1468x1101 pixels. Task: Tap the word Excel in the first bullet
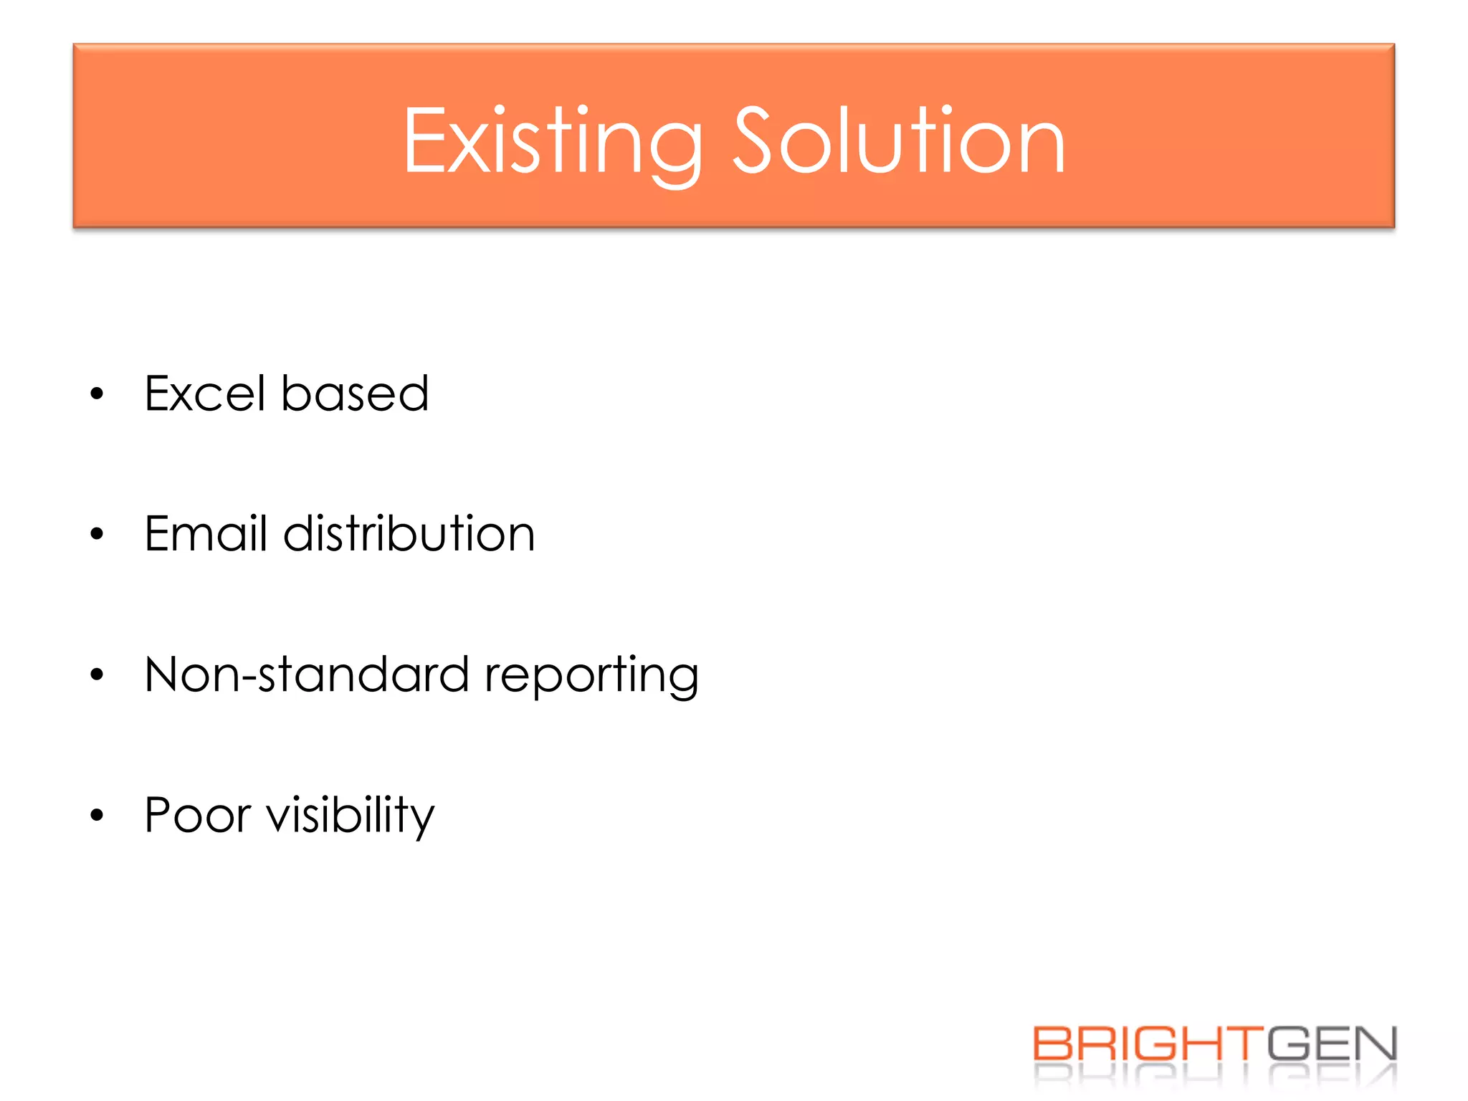[204, 394]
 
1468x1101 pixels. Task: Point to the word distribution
[409, 533]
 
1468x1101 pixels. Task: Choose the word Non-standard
[306, 675]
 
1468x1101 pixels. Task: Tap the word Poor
[198, 815]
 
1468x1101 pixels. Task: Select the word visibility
[351, 816]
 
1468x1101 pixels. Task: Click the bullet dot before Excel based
[97, 394]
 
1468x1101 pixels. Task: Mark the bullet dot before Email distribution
[97, 534]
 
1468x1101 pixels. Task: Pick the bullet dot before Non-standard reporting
[97, 675]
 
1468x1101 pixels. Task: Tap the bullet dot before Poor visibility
[97, 815]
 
